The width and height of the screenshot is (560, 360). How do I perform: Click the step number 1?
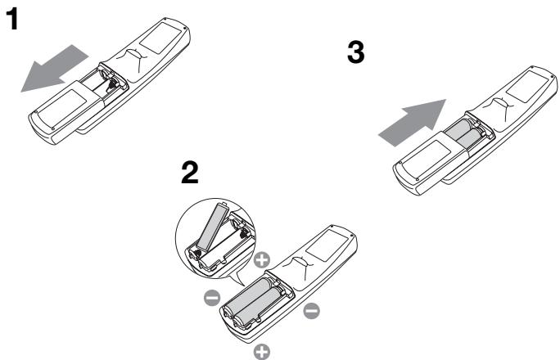click(x=12, y=19)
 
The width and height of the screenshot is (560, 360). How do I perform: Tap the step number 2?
click(x=190, y=173)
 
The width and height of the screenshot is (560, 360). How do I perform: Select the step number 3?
click(x=355, y=52)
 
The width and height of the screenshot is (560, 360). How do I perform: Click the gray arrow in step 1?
click(x=55, y=68)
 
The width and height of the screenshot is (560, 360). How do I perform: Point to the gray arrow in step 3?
click(x=413, y=123)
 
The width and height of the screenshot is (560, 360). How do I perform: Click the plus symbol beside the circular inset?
click(x=262, y=260)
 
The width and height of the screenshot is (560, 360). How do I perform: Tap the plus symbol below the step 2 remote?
click(x=262, y=352)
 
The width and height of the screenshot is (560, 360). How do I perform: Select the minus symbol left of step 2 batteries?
click(x=212, y=298)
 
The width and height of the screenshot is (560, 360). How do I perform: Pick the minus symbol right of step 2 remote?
click(x=311, y=310)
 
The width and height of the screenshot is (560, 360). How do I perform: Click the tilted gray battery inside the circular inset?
click(x=213, y=226)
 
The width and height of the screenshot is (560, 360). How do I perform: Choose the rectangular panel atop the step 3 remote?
click(x=527, y=87)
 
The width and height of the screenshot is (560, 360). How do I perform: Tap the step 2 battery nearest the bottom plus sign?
click(x=258, y=306)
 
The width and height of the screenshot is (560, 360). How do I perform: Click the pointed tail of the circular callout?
click(x=238, y=280)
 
